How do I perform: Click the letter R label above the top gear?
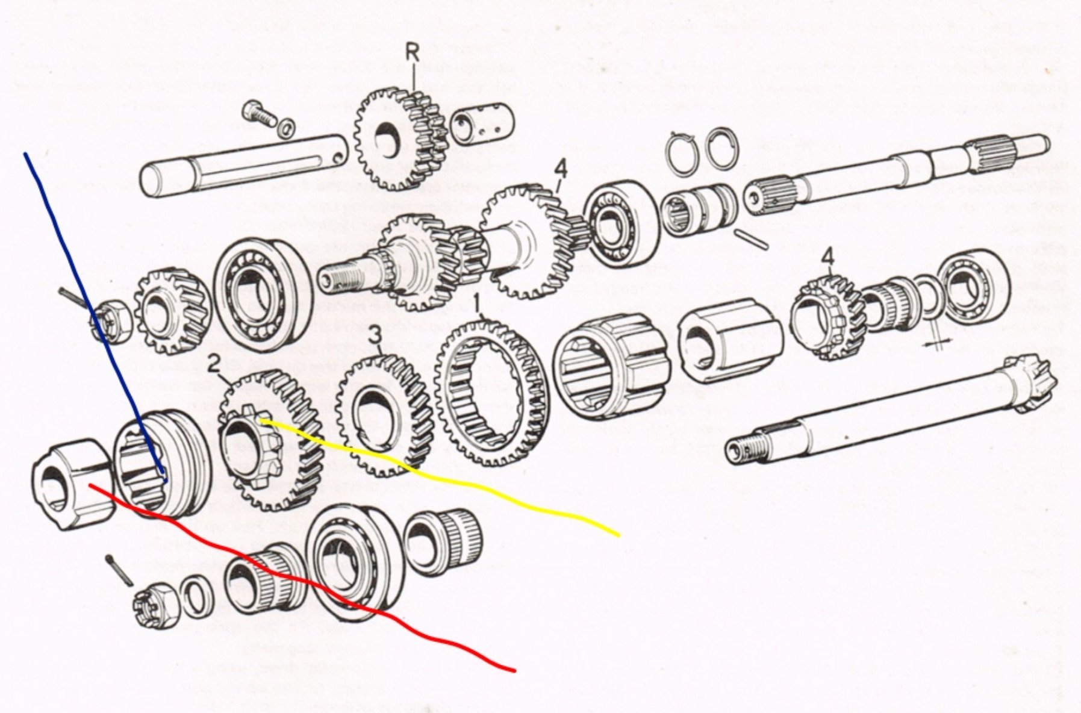(412, 52)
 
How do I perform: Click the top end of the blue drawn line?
(25, 154)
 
